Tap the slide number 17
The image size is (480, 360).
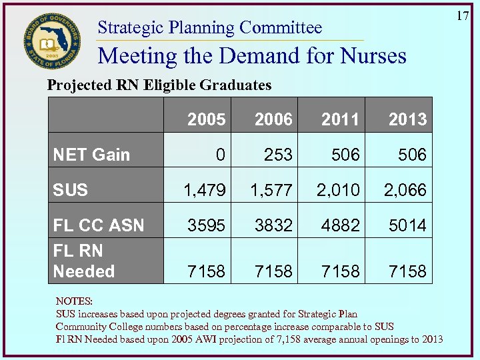pos(463,15)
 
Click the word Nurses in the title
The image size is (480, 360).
pos(369,55)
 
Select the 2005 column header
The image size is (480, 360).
pos(206,119)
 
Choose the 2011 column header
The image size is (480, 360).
pos(340,119)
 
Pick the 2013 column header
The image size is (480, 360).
pos(407,119)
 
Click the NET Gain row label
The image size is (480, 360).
pos(91,155)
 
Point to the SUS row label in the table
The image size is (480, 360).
pos(71,190)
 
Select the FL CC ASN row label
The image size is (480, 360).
pos(99,225)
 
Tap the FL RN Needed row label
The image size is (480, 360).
pos(84,261)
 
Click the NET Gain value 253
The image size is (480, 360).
pos(277,155)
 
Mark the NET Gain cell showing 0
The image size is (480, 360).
pos(219,155)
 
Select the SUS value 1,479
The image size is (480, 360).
pos(205,191)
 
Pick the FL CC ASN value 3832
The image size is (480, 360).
pos(273,225)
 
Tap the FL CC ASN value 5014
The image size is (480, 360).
pos(407,225)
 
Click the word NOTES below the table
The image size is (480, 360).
pos(74,301)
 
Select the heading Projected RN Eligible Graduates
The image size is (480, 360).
pos(159,85)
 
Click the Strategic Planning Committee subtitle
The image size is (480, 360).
pos(210,28)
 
